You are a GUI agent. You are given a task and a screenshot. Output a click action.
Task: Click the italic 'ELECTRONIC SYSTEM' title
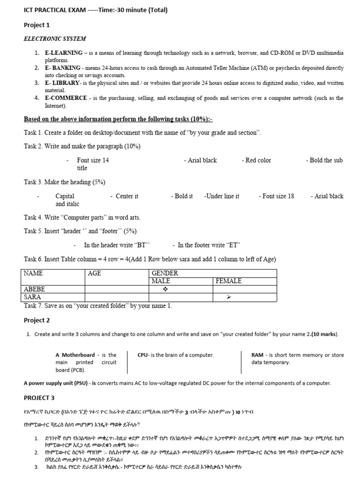(x=55, y=38)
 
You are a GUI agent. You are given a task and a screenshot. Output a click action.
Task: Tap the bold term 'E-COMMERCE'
(x=66, y=98)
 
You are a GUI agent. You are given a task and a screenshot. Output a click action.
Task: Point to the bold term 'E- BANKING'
(x=63, y=68)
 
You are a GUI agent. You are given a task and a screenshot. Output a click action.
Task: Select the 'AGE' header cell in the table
(x=94, y=273)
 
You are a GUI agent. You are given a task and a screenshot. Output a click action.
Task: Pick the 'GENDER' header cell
(x=165, y=273)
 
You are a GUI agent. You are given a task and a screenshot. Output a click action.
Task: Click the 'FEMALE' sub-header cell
(x=228, y=281)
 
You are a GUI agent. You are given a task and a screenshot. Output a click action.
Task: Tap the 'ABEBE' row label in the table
(x=35, y=289)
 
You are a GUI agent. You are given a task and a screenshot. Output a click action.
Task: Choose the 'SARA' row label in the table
(x=32, y=297)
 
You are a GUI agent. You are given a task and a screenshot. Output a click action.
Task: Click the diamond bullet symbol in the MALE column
(x=165, y=289)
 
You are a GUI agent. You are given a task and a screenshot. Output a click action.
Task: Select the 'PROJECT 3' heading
(x=39, y=397)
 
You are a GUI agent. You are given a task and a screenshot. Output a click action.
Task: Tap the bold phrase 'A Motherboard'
(x=75, y=355)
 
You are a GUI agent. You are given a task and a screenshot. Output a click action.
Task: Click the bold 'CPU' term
(x=143, y=355)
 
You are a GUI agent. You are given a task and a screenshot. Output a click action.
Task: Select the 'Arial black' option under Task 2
(x=202, y=160)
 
